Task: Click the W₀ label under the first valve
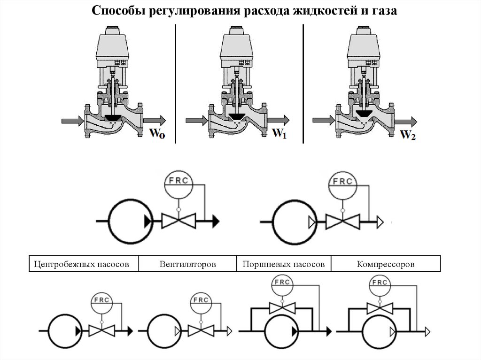click(157, 133)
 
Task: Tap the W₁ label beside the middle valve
click(279, 133)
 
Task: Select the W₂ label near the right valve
click(407, 135)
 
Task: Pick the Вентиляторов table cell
click(187, 264)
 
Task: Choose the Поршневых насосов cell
click(284, 264)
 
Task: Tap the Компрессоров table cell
click(385, 264)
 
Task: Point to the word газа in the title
click(384, 11)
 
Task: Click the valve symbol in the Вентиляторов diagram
click(200, 330)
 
